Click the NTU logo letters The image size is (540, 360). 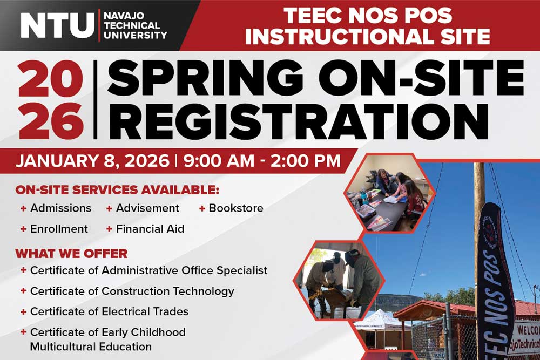(57, 25)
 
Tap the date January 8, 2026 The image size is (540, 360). (93, 161)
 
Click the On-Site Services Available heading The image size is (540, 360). (117, 191)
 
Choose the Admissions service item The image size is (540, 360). (60, 208)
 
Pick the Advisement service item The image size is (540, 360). (147, 208)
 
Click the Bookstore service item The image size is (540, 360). (235, 208)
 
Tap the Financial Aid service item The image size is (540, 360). (150, 229)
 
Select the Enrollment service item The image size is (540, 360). (58, 229)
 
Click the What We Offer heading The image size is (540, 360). (71, 253)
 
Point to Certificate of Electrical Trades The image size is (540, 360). (109, 311)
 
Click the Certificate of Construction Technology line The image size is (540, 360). (132, 291)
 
